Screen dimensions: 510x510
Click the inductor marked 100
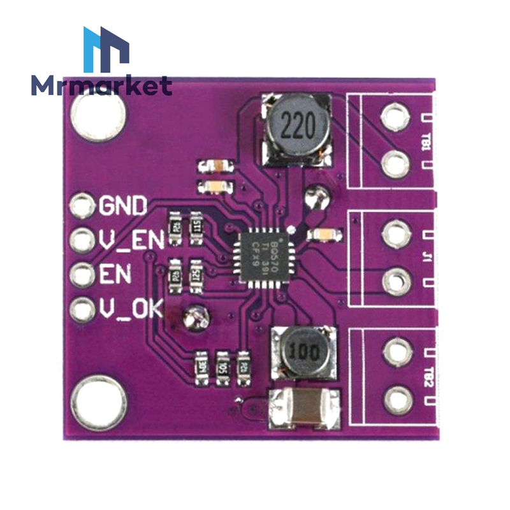point(302,351)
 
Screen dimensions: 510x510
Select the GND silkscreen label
point(123,205)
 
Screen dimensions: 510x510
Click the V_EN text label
point(132,240)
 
